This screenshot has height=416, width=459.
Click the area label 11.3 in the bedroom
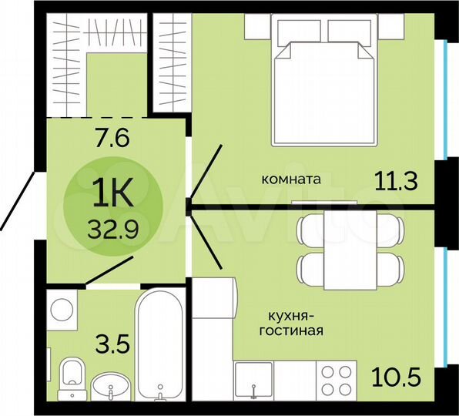coord(398,182)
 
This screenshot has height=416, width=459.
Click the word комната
coord(291,179)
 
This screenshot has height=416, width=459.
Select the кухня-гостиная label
coord(294,324)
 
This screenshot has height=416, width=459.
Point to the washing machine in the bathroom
coord(62,310)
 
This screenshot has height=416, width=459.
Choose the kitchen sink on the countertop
coord(255,382)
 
